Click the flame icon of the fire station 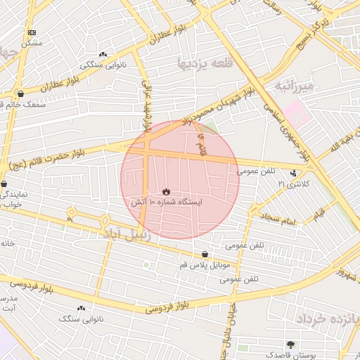(165, 191)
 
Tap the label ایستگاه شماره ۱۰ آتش (165, 202)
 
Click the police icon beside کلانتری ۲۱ (293, 173)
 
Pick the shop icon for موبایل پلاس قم (205, 254)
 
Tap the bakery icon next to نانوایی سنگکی (103, 54)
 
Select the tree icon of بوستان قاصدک (290, 345)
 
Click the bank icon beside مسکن (32, 32)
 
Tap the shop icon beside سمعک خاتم (20, 94)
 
